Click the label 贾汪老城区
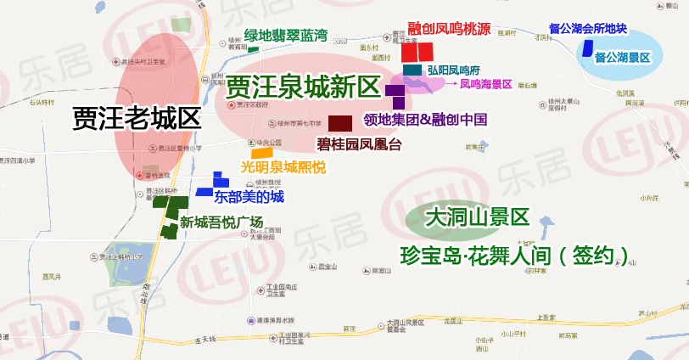tap(137, 116)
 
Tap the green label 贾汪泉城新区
tap(302, 86)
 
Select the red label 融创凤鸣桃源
tap(449, 29)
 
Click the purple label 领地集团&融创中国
tap(424, 119)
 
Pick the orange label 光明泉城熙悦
tap(283, 167)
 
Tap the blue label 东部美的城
tap(249, 197)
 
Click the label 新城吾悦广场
tap(221, 222)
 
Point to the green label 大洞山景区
tap(477, 217)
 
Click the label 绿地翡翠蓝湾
tap(285, 36)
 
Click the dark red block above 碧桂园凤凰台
tap(340, 122)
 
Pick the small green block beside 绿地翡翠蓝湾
tap(253, 50)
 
